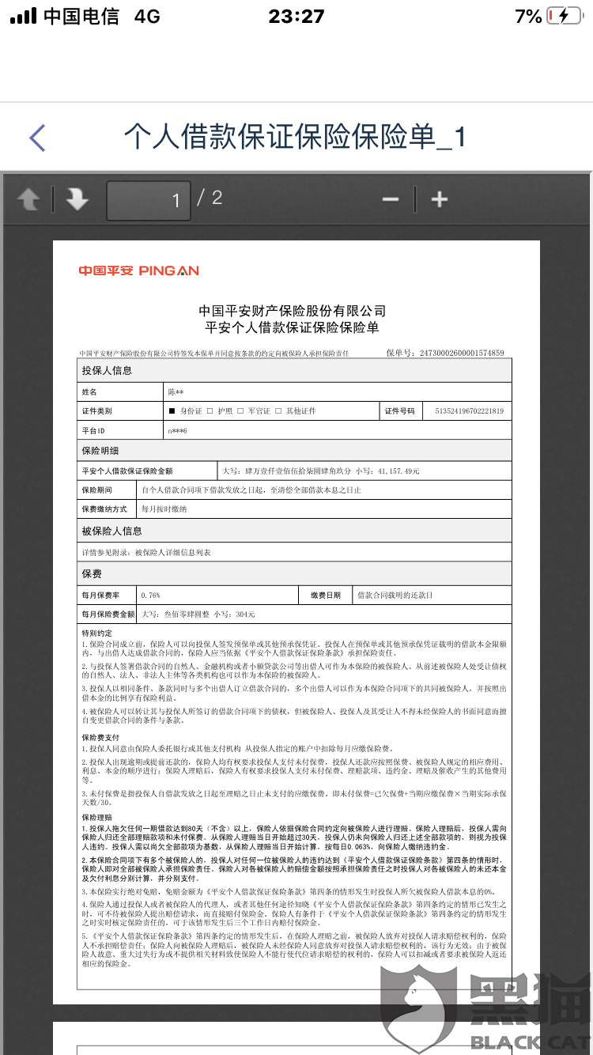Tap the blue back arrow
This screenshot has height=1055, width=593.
[x=37, y=138]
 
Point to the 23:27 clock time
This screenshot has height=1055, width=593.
[x=296, y=17]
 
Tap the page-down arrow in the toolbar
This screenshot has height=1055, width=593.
[x=77, y=199]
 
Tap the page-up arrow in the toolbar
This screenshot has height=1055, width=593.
[x=28, y=199]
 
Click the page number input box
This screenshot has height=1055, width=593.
[x=148, y=200]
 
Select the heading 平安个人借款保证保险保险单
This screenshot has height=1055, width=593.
[x=292, y=328]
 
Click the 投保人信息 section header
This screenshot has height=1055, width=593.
[x=107, y=370]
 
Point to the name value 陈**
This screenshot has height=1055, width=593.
[x=176, y=391]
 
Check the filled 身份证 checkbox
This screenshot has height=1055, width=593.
[x=172, y=411]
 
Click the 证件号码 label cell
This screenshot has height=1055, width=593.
[x=400, y=411]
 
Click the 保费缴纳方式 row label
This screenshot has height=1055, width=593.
[x=104, y=509]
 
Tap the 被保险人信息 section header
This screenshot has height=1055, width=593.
[x=112, y=531]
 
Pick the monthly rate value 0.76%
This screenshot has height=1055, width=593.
[x=150, y=595]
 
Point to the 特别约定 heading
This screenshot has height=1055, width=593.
[x=97, y=633]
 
